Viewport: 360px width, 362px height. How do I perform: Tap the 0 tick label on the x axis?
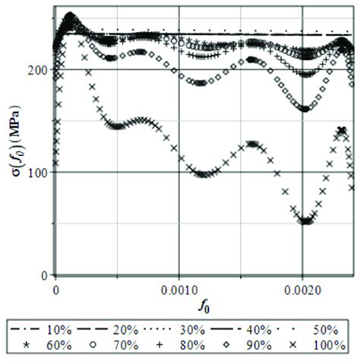[55, 290]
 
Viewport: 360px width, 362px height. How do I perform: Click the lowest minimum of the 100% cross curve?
[306, 221]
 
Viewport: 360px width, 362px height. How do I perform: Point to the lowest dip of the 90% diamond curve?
[305, 109]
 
